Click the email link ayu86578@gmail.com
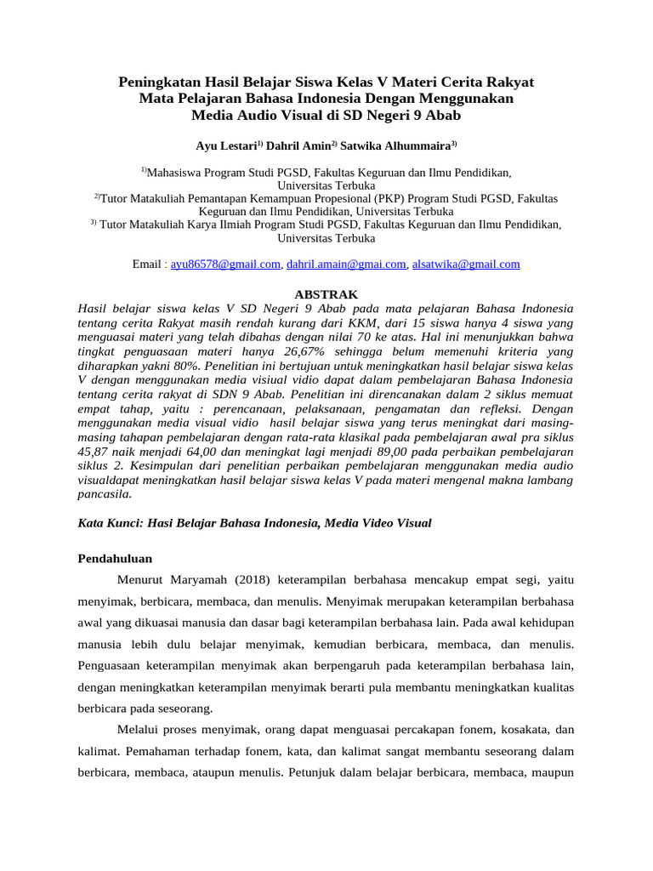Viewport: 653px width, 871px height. coord(225,265)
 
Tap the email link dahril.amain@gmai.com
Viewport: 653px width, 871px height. coord(346,265)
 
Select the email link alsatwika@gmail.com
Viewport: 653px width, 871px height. coord(466,265)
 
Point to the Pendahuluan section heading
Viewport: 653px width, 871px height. coord(115,560)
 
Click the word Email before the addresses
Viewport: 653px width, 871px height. coord(148,265)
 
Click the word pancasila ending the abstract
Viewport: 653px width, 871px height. coord(105,494)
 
